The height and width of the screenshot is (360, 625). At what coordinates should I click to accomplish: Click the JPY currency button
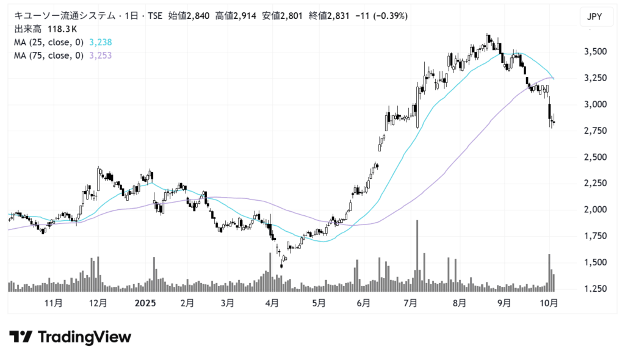[594, 17]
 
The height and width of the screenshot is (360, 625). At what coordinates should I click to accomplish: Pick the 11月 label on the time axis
[54, 303]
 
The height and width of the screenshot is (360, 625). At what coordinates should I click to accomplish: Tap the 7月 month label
[411, 303]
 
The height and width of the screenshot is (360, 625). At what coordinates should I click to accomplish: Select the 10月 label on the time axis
[551, 303]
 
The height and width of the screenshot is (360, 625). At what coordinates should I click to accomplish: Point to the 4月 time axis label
[272, 303]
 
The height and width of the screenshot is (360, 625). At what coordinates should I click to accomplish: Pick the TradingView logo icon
[21, 337]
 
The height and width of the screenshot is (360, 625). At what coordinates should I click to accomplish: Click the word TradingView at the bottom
[84, 337]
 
